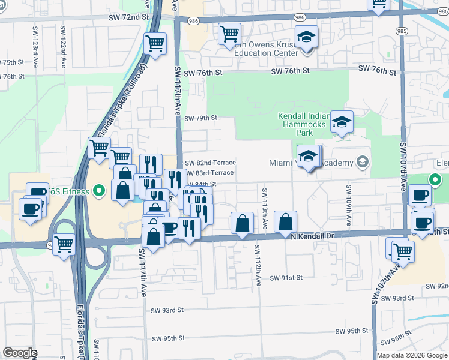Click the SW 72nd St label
pyautogui.click(x=128, y=18)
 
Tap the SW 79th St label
pyautogui.click(x=200, y=118)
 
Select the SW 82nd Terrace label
pyautogui.click(x=210, y=163)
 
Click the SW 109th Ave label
pyautogui.click(x=348, y=203)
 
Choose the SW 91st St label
pyautogui.click(x=286, y=278)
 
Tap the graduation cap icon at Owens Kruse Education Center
pyautogui.click(x=306, y=38)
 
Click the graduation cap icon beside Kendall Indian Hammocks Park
pyautogui.click(x=342, y=122)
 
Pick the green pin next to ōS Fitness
pyautogui.click(x=100, y=191)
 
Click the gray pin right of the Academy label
pyautogui.click(x=361, y=163)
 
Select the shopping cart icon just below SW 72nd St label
pyautogui.click(x=155, y=44)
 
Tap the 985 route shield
pyautogui.click(x=401, y=30)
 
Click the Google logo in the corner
pyautogui.click(x=20, y=353)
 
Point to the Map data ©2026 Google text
pyautogui.click(x=412, y=355)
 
